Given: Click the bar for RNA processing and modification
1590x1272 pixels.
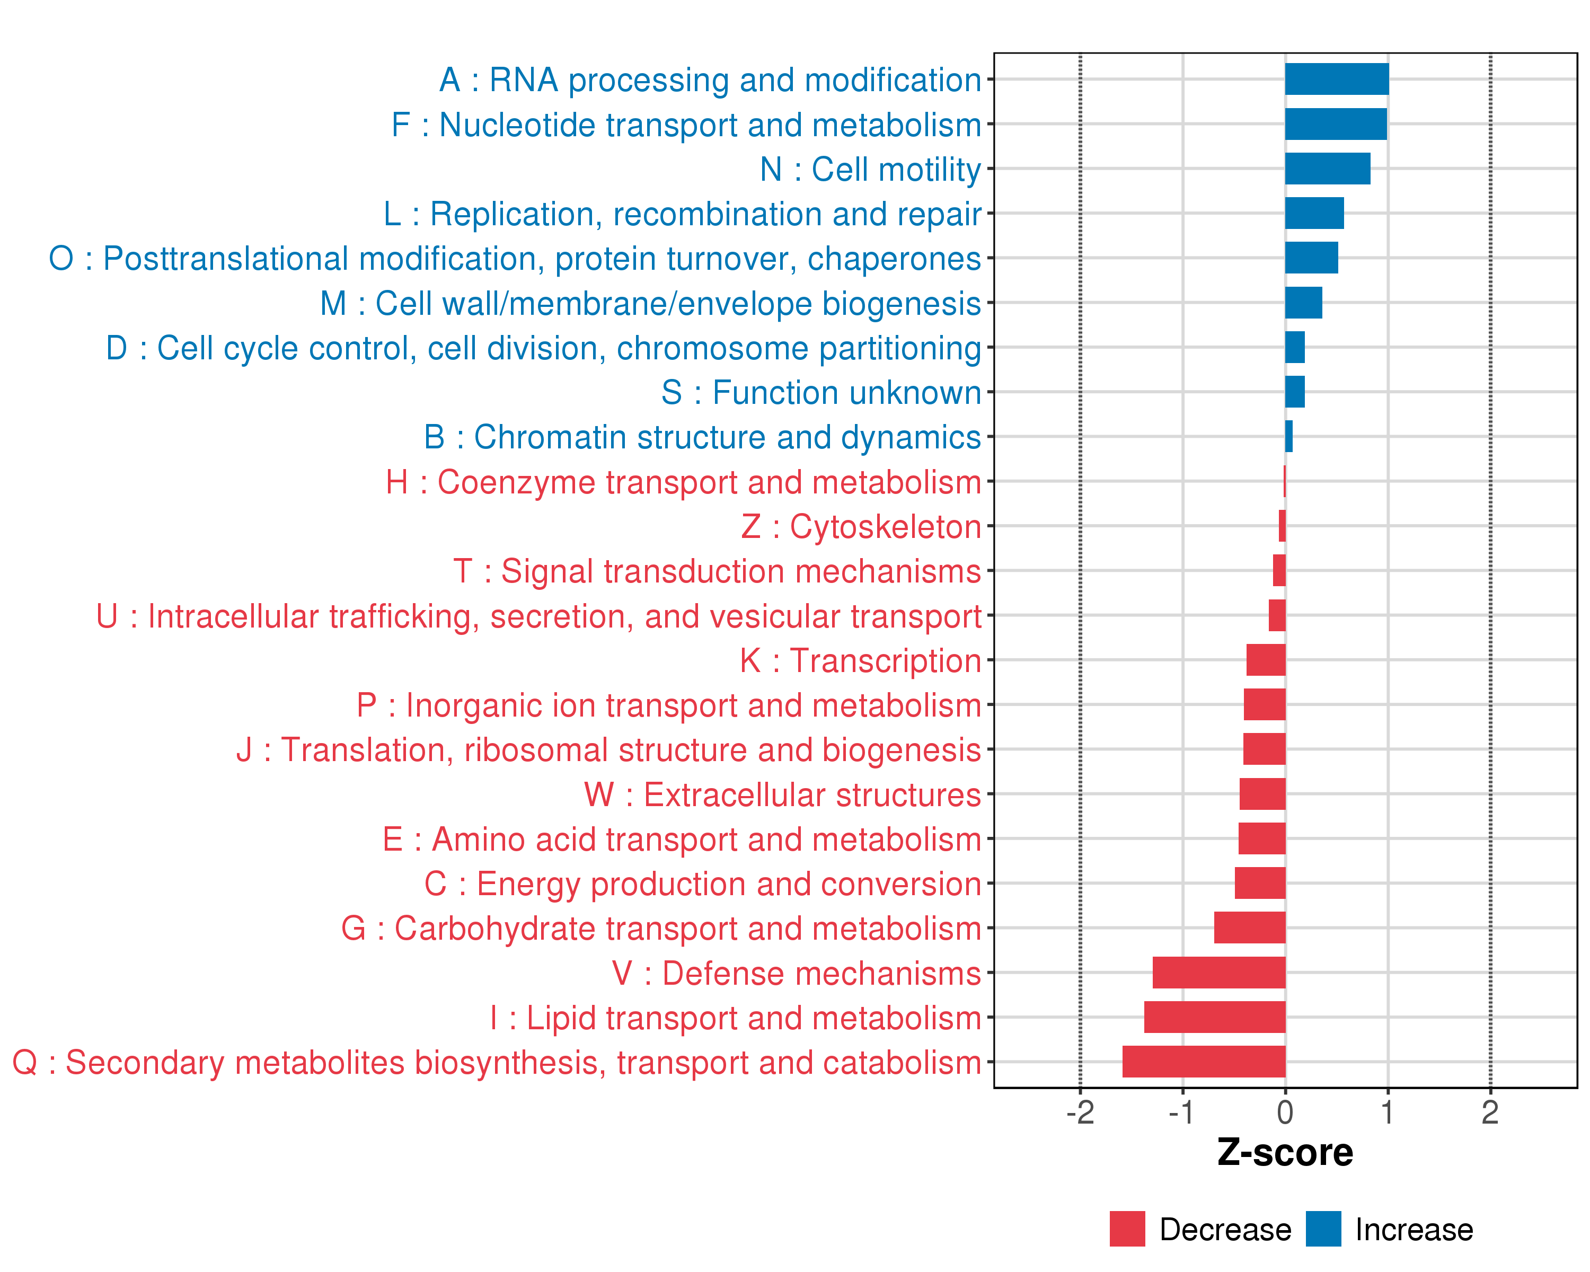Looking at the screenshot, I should point(1336,79).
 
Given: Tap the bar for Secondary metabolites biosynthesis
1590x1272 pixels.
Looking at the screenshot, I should point(1204,1062).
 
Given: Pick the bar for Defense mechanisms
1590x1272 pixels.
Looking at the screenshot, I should point(1218,973).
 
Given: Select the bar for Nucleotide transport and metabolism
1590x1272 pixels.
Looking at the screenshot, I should point(1335,124).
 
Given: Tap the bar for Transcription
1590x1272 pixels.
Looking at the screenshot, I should point(1266,660).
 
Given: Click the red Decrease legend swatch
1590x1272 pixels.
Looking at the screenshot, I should point(1127,1229).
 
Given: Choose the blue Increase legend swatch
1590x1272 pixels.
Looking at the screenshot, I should point(1323,1229).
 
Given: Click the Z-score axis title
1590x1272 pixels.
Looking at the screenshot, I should point(1285,1153).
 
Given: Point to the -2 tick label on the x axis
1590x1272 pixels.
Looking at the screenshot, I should point(1080,1112).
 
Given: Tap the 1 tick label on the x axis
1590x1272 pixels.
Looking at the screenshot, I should point(1387,1112).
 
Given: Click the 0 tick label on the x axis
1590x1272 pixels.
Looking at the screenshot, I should point(1285,1112).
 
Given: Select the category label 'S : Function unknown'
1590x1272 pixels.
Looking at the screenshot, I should point(821,392).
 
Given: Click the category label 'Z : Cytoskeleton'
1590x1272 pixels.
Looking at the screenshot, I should point(861,526).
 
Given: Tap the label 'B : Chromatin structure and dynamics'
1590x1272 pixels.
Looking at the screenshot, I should point(702,437).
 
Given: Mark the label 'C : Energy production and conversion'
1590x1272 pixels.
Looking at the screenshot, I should point(702,884).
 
